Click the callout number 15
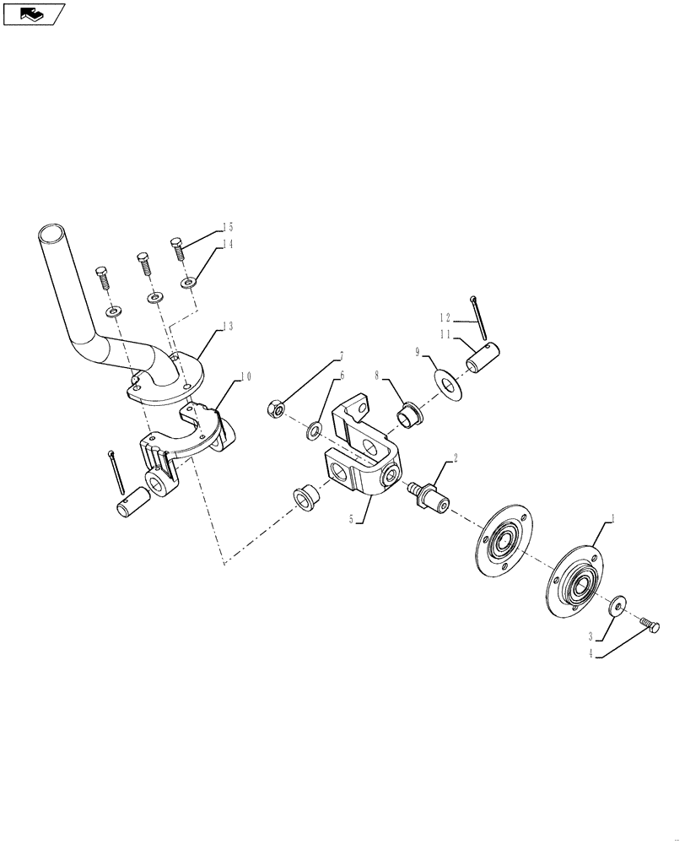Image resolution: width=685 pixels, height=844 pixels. (x=228, y=227)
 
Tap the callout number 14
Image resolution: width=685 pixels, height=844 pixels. (x=228, y=244)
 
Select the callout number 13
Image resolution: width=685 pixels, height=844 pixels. (x=228, y=326)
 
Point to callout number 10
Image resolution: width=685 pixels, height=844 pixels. (x=245, y=377)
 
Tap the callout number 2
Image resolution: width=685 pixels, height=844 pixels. (x=456, y=459)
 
